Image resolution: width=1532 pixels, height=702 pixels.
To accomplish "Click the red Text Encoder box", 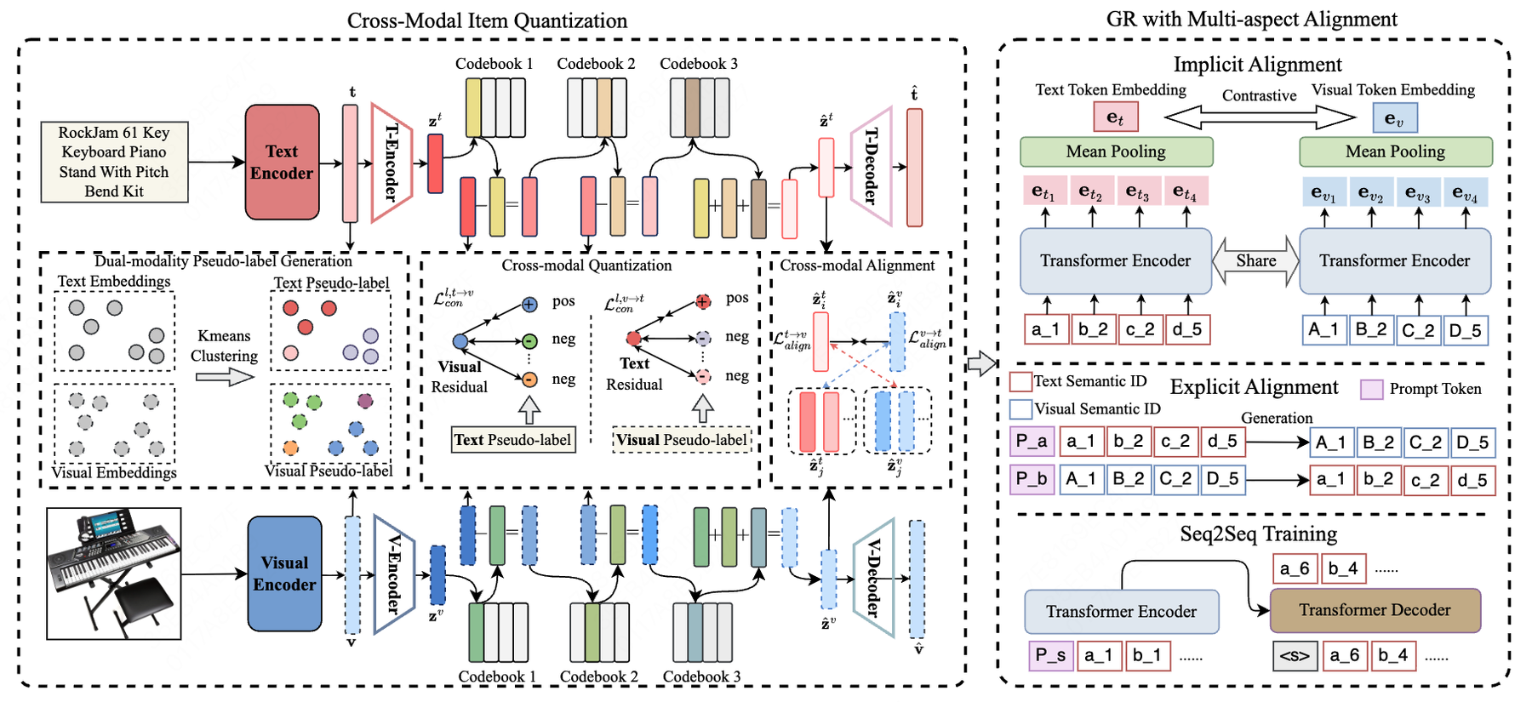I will click(x=282, y=162).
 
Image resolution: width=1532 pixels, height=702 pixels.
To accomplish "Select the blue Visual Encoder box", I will click(x=284, y=574).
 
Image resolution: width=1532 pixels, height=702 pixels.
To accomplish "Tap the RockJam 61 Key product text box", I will click(x=114, y=162).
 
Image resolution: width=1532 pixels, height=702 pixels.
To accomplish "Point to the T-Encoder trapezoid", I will click(x=391, y=162).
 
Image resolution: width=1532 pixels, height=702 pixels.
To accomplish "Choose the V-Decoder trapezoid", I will click(x=873, y=578).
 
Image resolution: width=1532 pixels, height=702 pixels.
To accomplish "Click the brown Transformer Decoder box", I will click(x=1375, y=610).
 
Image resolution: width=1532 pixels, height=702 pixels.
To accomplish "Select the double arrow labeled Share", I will click(x=1256, y=260).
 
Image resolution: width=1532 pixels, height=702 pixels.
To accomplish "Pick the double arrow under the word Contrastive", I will click(x=1259, y=117).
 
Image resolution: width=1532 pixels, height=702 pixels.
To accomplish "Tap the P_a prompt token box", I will click(x=1032, y=442).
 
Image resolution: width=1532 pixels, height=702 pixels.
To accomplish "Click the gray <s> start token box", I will click(x=1295, y=655).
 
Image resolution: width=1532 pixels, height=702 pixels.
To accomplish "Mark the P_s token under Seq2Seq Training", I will click(x=1050, y=655).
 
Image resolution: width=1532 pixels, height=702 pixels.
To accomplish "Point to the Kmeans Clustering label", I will click(x=224, y=345).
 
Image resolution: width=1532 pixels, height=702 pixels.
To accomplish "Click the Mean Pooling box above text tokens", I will click(x=1116, y=151).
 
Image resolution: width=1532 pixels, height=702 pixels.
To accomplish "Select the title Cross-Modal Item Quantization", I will click(x=487, y=20).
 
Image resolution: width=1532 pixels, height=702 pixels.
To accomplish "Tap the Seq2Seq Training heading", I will click(x=1258, y=534).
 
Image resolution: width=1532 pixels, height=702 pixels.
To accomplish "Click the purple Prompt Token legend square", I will click(x=1371, y=390).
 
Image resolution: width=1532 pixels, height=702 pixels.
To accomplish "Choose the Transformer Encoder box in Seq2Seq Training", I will click(x=1121, y=612).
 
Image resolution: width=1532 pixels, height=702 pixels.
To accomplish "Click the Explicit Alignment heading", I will click(x=1254, y=387).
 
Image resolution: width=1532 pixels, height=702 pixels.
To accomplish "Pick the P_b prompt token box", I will click(x=1032, y=478).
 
